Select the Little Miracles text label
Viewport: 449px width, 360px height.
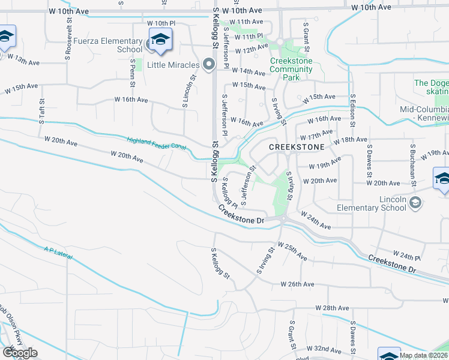click(x=175, y=65)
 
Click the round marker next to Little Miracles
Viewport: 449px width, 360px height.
click(x=209, y=64)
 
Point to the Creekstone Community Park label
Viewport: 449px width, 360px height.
click(x=291, y=65)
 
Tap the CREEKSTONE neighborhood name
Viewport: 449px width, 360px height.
click(x=297, y=147)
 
